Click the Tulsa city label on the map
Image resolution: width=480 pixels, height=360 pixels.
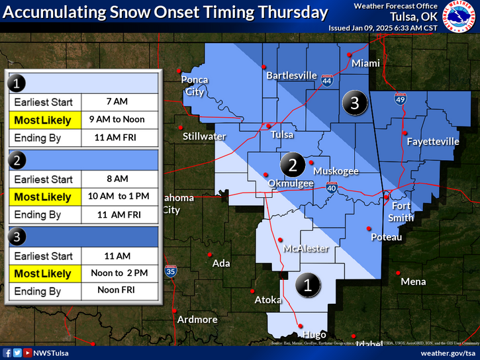pos(283,134)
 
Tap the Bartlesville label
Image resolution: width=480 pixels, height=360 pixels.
pos(291,75)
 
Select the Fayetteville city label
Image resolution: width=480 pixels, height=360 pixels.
pos(433,142)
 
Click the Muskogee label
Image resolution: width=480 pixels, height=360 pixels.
pos(336,171)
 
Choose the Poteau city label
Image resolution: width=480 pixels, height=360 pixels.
pos(386,236)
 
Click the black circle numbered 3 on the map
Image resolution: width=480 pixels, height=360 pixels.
pos(355,103)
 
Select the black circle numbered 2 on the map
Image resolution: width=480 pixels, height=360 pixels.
pos(292,163)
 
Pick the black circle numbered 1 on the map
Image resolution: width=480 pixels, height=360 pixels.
pos(307,285)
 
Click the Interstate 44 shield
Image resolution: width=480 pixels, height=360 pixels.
pos(327,81)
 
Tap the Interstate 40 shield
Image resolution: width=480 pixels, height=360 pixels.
pos(332,188)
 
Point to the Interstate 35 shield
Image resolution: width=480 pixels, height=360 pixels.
pos(171,270)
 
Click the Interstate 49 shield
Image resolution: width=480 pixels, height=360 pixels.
pos(400,99)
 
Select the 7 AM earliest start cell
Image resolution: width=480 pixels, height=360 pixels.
pos(120,103)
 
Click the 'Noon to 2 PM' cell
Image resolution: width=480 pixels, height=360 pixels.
pos(120,273)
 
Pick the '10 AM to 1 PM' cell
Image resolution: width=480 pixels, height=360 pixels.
pos(120,197)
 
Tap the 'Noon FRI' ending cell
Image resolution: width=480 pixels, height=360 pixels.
pos(120,291)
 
